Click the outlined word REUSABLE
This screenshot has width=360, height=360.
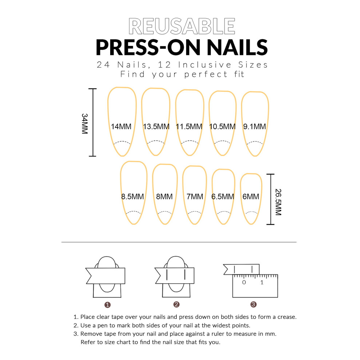[x=182, y=26]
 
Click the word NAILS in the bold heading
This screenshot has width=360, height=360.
[x=237, y=47]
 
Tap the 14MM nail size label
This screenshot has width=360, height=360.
[x=121, y=127]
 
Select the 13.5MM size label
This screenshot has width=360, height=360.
[x=156, y=127]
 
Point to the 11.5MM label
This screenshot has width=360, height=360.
[x=189, y=127]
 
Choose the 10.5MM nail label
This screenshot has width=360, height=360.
[x=222, y=127]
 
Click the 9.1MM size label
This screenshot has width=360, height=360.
[x=255, y=127]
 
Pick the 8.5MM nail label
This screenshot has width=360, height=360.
[x=132, y=196]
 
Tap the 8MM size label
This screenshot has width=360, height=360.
[x=164, y=196]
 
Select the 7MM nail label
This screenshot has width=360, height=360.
[x=195, y=196]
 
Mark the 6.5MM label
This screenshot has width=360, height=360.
[x=223, y=196]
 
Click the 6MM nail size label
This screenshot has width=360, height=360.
[x=251, y=196]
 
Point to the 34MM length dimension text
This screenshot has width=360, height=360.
[x=85, y=124]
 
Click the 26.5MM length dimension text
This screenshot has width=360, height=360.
[x=278, y=202]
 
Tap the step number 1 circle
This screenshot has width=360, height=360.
[x=107, y=305]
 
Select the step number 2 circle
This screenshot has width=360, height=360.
[x=176, y=304]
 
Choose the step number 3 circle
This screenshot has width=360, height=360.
[x=253, y=304]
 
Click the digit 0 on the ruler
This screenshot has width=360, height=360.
[x=244, y=283]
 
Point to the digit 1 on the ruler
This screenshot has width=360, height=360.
[x=262, y=283]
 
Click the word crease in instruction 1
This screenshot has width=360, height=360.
[x=287, y=317]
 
